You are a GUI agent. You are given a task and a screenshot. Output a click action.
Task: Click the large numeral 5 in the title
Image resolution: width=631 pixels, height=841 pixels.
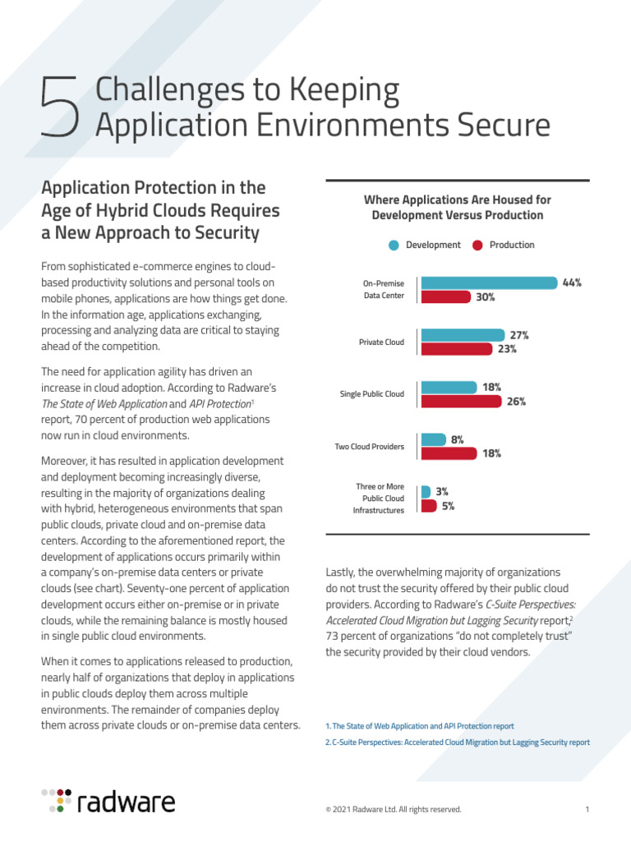pyautogui.click(x=60, y=108)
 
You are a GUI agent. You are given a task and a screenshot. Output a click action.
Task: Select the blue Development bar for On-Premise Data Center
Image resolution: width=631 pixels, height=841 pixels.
pyautogui.click(x=489, y=283)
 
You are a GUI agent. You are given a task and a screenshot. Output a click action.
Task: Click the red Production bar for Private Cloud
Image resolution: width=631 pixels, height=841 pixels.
pyautogui.click(x=457, y=349)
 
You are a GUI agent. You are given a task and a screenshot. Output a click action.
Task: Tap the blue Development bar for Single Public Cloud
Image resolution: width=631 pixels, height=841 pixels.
pyautogui.click(x=449, y=387)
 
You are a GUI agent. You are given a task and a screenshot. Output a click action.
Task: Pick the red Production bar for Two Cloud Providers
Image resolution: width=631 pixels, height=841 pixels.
pyautogui.click(x=450, y=453)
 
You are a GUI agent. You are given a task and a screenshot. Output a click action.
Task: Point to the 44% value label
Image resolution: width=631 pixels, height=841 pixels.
pyautogui.click(x=572, y=283)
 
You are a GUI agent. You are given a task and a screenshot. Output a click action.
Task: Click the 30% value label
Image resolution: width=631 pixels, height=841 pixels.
pyautogui.click(x=486, y=297)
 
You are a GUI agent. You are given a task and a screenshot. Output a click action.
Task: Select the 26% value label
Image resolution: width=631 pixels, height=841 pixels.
pyautogui.click(x=516, y=402)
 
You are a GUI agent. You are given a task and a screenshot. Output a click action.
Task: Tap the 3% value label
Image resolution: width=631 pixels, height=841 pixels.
pyautogui.click(x=442, y=491)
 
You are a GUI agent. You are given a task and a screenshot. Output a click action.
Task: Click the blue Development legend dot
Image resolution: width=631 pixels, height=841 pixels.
pyautogui.click(x=394, y=245)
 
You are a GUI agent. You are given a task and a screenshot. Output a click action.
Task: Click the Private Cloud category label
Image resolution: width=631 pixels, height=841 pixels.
pyautogui.click(x=381, y=342)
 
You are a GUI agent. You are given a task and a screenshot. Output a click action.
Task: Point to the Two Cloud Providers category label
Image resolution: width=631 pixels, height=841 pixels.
pyautogui.click(x=369, y=447)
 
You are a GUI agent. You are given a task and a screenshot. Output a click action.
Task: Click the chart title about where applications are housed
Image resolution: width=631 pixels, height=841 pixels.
pyautogui.click(x=457, y=208)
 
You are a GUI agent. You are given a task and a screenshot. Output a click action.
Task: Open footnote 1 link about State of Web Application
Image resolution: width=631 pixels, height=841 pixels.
pyautogui.click(x=420, y=726)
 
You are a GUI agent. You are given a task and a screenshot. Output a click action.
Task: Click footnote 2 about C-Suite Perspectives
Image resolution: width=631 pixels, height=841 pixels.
pyautogui.click(x=458, y=742)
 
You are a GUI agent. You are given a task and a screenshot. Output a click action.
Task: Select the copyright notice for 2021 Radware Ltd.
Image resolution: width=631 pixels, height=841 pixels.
pyautogui.click(x=394, y=810)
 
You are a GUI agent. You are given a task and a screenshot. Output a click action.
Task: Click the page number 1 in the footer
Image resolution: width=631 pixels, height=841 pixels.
pyautogui.click(x=587, y=810)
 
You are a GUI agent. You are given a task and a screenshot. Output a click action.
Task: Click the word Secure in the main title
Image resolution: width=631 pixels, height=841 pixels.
pyautogui.click(x=495, y=126)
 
